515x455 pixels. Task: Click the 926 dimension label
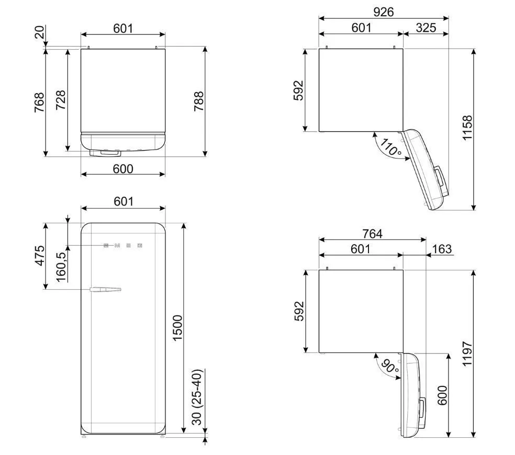(383, 12)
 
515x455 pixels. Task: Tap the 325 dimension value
(426, 28)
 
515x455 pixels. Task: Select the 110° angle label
(390, 147)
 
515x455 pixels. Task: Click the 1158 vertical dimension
(467, 128)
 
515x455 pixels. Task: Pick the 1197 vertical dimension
(467, 354)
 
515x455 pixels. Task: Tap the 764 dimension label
(373, 234)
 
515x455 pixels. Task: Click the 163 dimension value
(442, 249)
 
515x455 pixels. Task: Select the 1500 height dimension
(177, 328)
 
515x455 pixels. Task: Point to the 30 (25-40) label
(197, 397)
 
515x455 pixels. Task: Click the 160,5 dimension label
(61, 267)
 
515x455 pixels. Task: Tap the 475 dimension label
(40, 255)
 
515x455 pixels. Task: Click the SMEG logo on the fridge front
(123, 246)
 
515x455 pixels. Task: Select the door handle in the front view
(105, 289)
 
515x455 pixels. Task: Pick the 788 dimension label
(199, 101)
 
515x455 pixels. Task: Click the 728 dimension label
(61, 100)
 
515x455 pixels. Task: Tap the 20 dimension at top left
(39, 32)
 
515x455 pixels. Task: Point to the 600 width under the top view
(123, 169)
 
